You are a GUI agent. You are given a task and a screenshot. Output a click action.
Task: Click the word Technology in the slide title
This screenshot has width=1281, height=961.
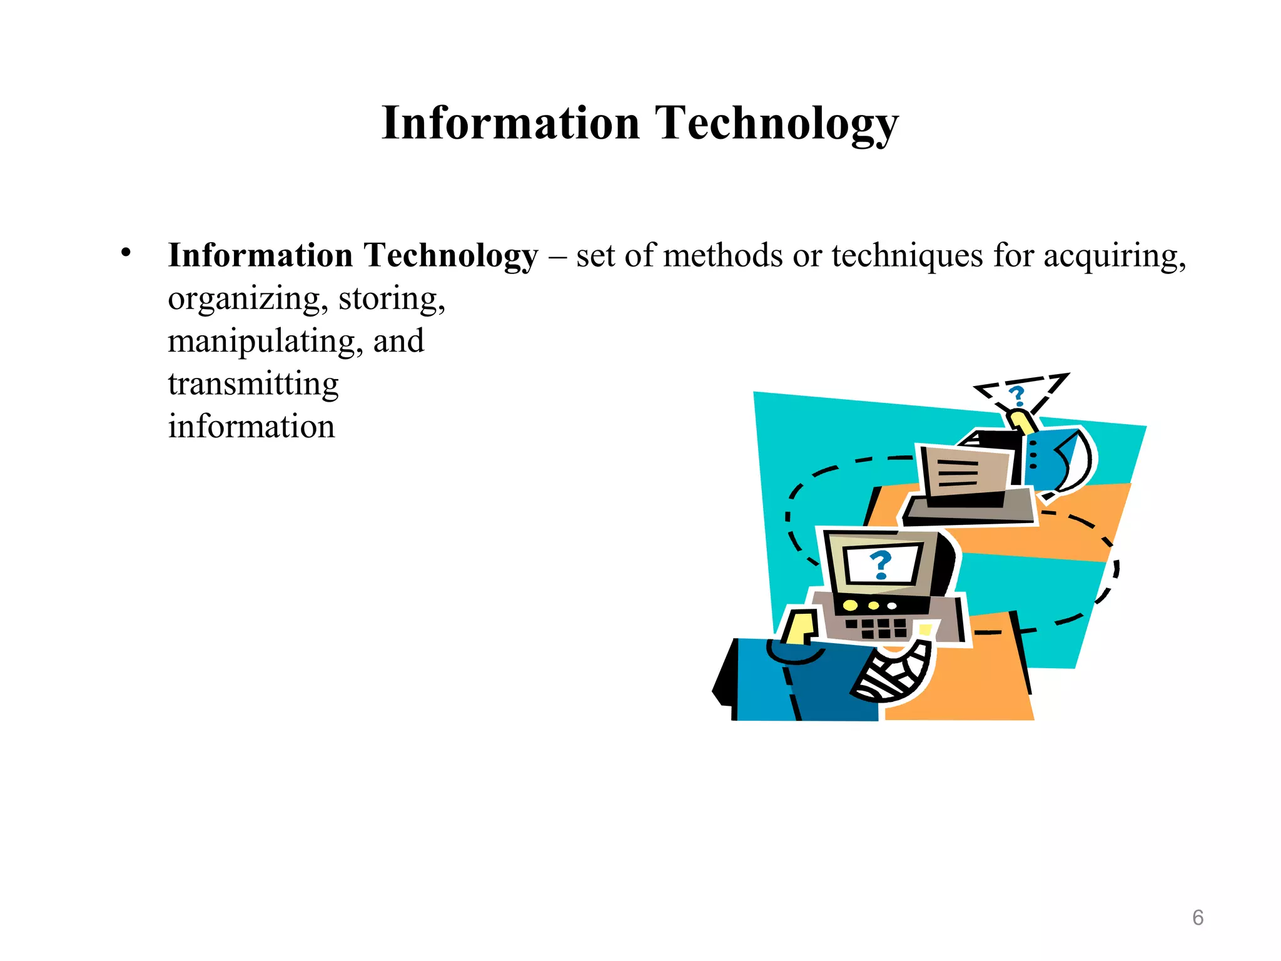pyautogui.click(x=776, y=123)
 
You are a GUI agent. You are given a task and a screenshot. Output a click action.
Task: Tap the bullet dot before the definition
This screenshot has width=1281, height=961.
pyautogui.click(x=126, y=253)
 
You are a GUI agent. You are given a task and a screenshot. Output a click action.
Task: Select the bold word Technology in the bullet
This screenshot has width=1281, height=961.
pyautogui.click(x=450, y=256)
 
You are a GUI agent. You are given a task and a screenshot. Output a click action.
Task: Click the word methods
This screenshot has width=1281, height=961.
pyautogui.click(x=722, y=256)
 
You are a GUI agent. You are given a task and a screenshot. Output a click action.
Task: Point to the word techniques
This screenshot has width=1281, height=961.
pyautogui.click(x=907, y=256)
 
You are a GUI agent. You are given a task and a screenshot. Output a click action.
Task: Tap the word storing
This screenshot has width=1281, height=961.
pyautogui.click(x=392, y=299)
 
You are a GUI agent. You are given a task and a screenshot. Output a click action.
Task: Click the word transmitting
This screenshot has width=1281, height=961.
pyautogui.click(x=253, y=384)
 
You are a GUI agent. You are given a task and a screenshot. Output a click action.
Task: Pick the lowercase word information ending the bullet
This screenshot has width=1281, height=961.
pyautogui.click(x=251, y=427)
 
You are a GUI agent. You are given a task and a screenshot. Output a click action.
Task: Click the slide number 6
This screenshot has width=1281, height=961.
pyautogui.click(x=1198, y=917)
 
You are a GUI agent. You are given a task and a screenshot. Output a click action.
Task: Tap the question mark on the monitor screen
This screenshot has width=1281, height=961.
pyautogui.click(x=881, y=565)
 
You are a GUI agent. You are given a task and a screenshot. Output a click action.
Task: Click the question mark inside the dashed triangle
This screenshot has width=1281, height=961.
pyautogui.click(x=1018, y=396)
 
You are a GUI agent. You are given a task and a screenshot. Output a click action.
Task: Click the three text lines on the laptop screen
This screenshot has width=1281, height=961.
pyautogui.click(x=958, y=473)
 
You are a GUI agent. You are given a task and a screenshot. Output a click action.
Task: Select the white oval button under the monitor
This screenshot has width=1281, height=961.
pyautogui.click(x=892, y=606)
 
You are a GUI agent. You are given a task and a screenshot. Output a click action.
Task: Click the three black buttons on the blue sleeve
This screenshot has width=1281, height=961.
pyautogui.click(x=1033, y=455)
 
